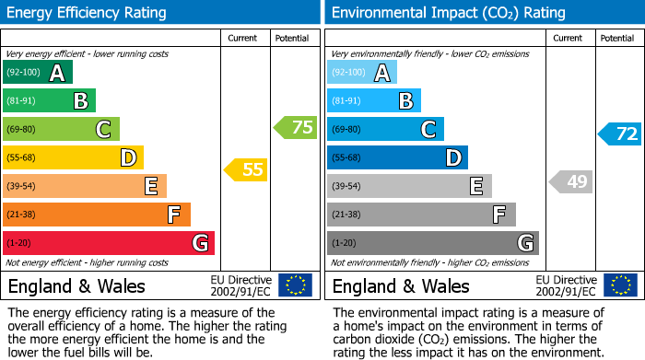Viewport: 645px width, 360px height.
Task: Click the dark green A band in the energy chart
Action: [x=37, y=73]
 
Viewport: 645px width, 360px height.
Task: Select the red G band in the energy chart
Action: [x=108, y=243]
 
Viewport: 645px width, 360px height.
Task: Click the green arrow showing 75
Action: [x=296, y=128]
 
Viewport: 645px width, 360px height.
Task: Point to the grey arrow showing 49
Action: [x=570, y=181]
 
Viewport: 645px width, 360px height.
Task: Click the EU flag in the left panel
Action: [x=295, y=285]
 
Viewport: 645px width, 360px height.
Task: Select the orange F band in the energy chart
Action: [x=96, y=215]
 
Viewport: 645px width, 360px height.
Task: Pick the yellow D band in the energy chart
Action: [x=73, y=157]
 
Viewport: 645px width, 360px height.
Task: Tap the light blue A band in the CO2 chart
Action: [x=361, y=73]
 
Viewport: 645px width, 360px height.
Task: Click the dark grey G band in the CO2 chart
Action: [x=432, y=243]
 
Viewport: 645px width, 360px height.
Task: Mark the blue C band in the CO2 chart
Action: [x=385, y=130]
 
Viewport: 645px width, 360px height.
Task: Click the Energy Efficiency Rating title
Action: [x=88, y=13]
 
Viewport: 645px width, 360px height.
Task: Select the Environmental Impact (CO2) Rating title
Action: [x=448, y=13]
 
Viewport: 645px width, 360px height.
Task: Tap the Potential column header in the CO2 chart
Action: [x=617, y=38]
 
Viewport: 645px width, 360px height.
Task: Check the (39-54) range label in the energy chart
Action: [x=22, y=186]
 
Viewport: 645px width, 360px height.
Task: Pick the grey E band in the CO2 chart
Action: [x=409, y=186]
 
